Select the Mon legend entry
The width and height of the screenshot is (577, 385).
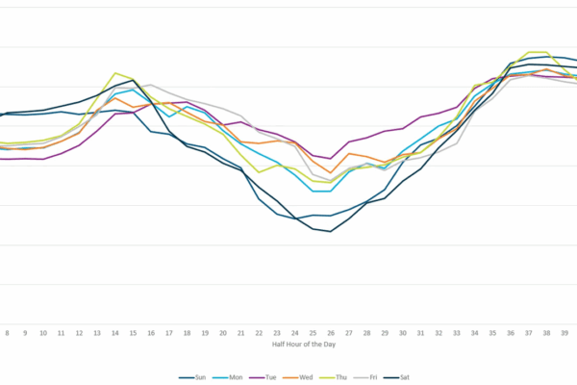point(231,377)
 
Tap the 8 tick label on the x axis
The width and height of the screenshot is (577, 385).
point(8,332)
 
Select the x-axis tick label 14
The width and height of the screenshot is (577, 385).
point(115,332)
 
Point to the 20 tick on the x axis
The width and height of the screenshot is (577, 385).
point(223,332)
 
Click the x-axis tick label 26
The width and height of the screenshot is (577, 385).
point(331,332)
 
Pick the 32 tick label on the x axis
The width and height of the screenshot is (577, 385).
point(439,332)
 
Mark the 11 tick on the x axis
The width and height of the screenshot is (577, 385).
point(62,332)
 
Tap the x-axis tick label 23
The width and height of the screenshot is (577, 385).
point(277,332)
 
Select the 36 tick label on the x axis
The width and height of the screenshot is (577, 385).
point(511,332)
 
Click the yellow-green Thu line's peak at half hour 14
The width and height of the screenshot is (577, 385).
point(115,73)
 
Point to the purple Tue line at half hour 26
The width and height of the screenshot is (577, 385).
point(331,158)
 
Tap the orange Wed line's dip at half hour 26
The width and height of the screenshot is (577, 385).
point(331,172)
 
